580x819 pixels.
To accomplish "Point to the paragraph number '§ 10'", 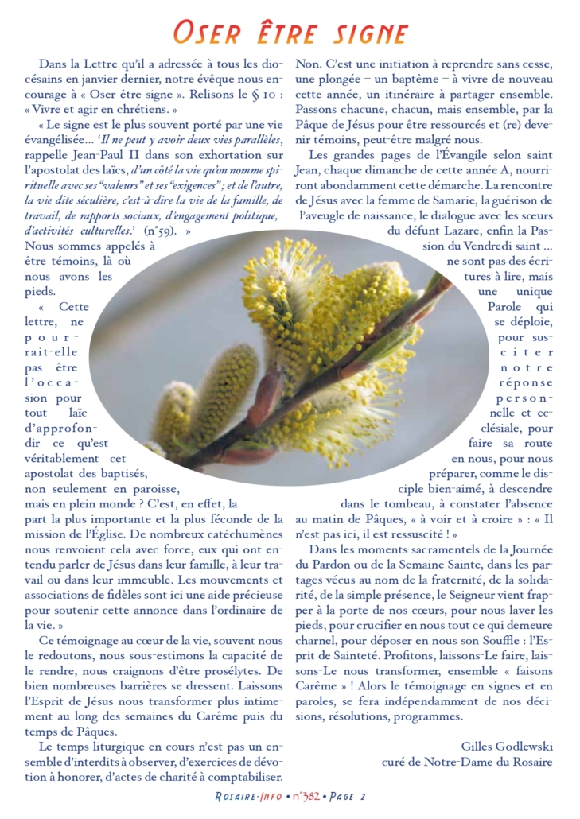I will click(x=264, y=94).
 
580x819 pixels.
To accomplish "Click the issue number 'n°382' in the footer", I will click(x=306, y=796).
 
